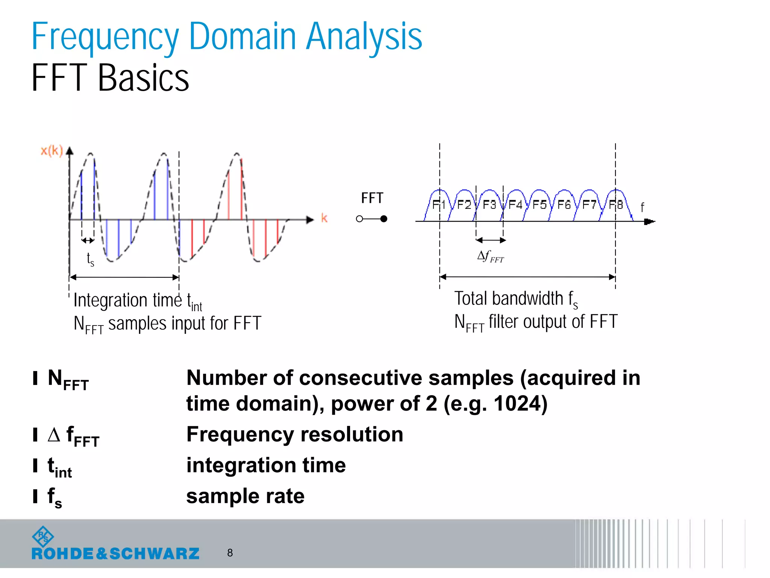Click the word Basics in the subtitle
coord(143,78)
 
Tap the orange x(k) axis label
coord(52,151)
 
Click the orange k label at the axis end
coord(324,218)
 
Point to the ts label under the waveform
coord(90,259)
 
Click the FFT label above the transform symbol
coord(372,198)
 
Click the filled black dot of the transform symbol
coord(383,219)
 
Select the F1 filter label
coord(438,205)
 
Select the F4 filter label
coord(515,205)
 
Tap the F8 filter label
coord(616,205)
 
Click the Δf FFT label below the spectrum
coord(490,257)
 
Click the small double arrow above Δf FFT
coord(491,240)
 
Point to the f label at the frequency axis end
coord(642,207)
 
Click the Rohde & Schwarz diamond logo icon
coord(43,537)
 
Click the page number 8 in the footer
coord(230,553)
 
